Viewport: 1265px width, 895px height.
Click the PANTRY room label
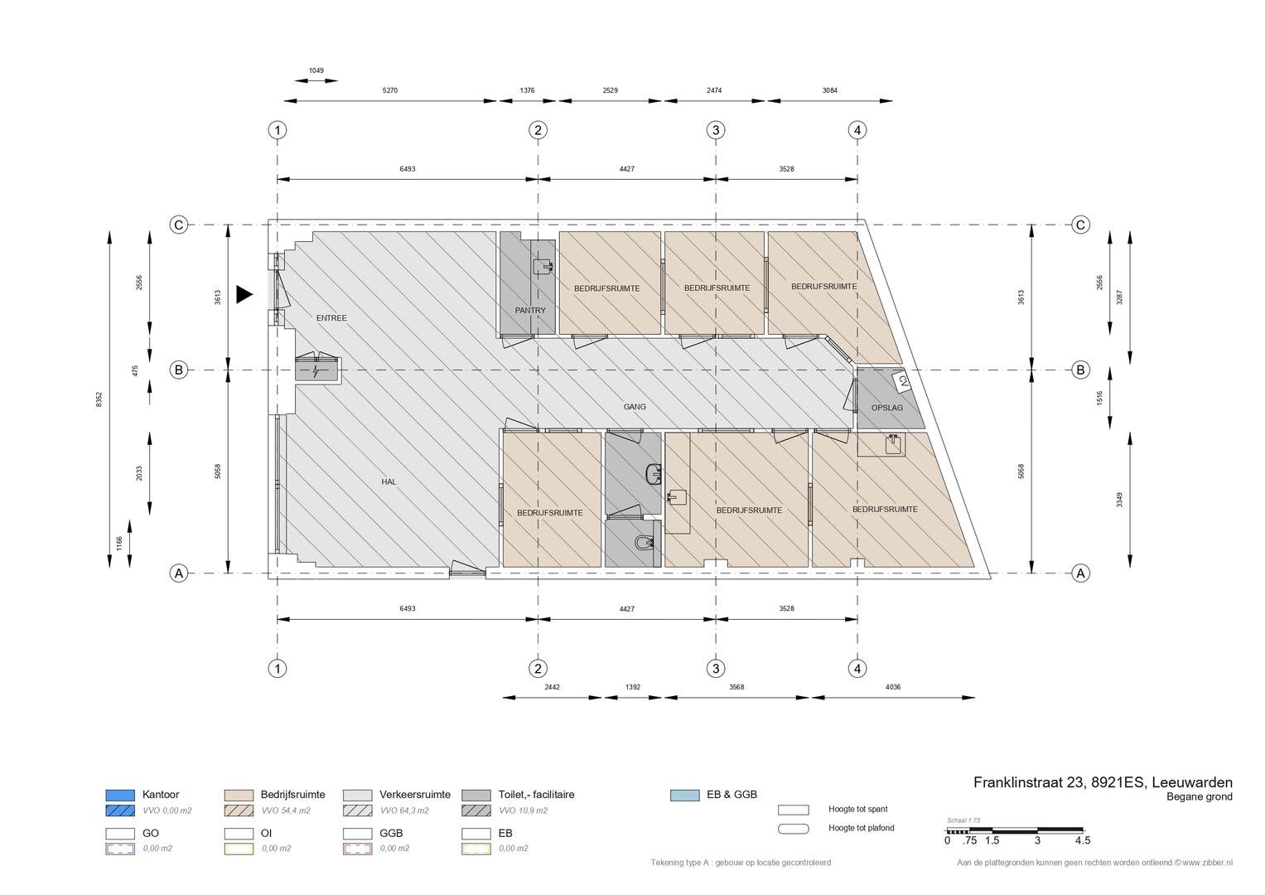click(x=530, y=310)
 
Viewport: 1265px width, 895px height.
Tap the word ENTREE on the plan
click(x=331, y=318)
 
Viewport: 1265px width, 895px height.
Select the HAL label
click(x=389, y=482)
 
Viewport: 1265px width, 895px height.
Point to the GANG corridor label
click(x=635, y=406)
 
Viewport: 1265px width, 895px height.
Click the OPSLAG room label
click(x=887, y=408)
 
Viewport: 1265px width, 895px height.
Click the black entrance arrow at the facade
click(x=244, y=294)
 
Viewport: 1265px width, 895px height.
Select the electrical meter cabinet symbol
click(x=316, y=370)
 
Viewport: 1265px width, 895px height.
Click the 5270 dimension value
click(x=390, y=90)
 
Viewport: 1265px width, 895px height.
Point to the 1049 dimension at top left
click(x=316, y=70)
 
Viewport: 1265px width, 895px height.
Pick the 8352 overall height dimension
click(x=99, y=399)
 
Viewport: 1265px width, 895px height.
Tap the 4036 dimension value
click(x=893, y=687)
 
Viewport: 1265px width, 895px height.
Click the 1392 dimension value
click(x=633, y=687)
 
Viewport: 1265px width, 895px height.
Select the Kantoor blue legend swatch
click(x=120, y=795)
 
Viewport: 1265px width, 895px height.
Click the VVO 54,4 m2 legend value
click(x=286, y=810)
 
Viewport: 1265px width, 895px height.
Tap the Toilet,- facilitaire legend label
click(x=536, y=795)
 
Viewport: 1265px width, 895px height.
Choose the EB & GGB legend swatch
click(x=684, y=795)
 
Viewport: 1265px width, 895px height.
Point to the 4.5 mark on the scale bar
click(x=1083, y=840)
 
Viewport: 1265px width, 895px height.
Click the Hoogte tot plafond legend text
click(x=862, y=828)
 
